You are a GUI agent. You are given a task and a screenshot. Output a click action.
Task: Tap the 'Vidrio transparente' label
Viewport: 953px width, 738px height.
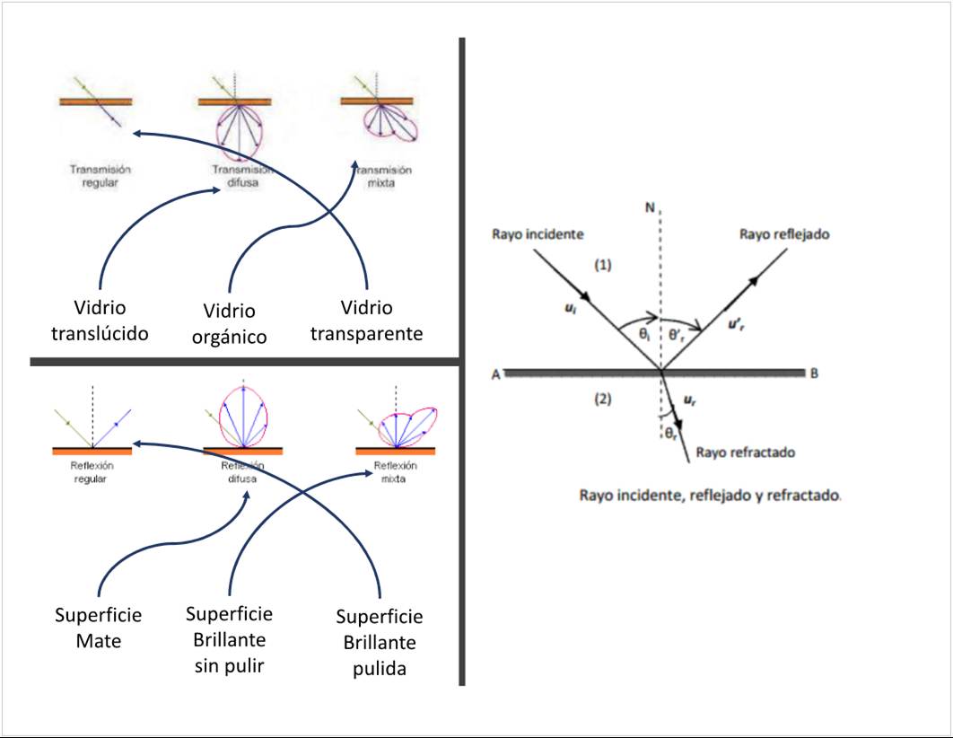[x=366, y=321]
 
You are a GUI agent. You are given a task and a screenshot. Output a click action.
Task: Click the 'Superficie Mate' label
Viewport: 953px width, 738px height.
[x=98, y=628]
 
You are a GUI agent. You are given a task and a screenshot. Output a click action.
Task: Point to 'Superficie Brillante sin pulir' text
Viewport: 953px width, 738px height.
[x=229, y=640]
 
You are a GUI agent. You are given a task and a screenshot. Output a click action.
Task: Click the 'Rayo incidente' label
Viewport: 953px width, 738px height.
[x=538, y=234]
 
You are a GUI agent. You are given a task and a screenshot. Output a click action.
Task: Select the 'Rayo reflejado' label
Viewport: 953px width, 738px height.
[x=783, y=234]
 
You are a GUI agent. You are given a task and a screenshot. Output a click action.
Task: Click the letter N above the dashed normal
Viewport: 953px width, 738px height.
[x=649, y=209]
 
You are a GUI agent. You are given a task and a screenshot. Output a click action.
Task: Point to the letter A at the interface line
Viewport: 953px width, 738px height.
[x=495, y=375]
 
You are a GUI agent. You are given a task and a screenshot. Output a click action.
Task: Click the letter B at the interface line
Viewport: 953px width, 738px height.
[x=814, y=374]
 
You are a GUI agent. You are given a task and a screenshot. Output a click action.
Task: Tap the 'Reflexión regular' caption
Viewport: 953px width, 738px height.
[x=94, y=472]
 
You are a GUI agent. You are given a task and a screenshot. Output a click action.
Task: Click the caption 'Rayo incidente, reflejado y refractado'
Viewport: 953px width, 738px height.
[x=710, y=495]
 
